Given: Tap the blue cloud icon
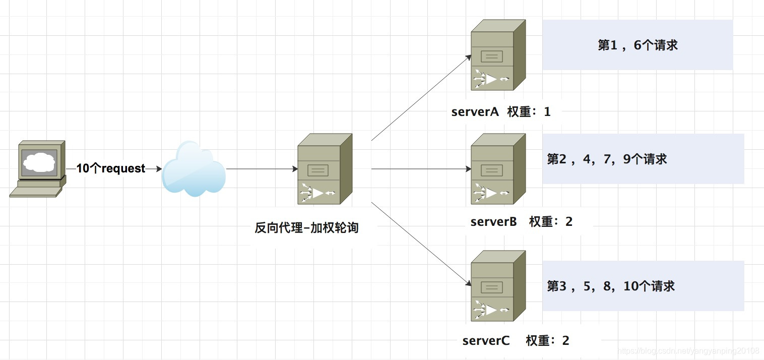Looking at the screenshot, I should pos(194,169).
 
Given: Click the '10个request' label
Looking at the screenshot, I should pos(111,169).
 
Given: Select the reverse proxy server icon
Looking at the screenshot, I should pos(324,169).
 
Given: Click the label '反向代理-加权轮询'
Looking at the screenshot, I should pos(306,228).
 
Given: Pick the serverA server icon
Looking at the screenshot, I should pos(498,55).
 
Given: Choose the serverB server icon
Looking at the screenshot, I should pos(498,169).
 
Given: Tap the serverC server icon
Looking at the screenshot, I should pos(498,286).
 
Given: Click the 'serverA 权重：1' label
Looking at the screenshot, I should pos(501,112).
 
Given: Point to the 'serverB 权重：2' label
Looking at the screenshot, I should pos(521,222).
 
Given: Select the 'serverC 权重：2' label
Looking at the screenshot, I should pos(516,341).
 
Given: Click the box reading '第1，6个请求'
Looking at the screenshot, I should pos(638,45).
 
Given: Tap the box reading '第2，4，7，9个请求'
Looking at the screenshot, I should pos(643,159).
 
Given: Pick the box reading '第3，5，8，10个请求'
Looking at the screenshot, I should pos(643,286).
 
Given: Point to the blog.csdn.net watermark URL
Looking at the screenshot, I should pos(688,351).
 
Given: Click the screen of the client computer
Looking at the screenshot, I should pos(39,162).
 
